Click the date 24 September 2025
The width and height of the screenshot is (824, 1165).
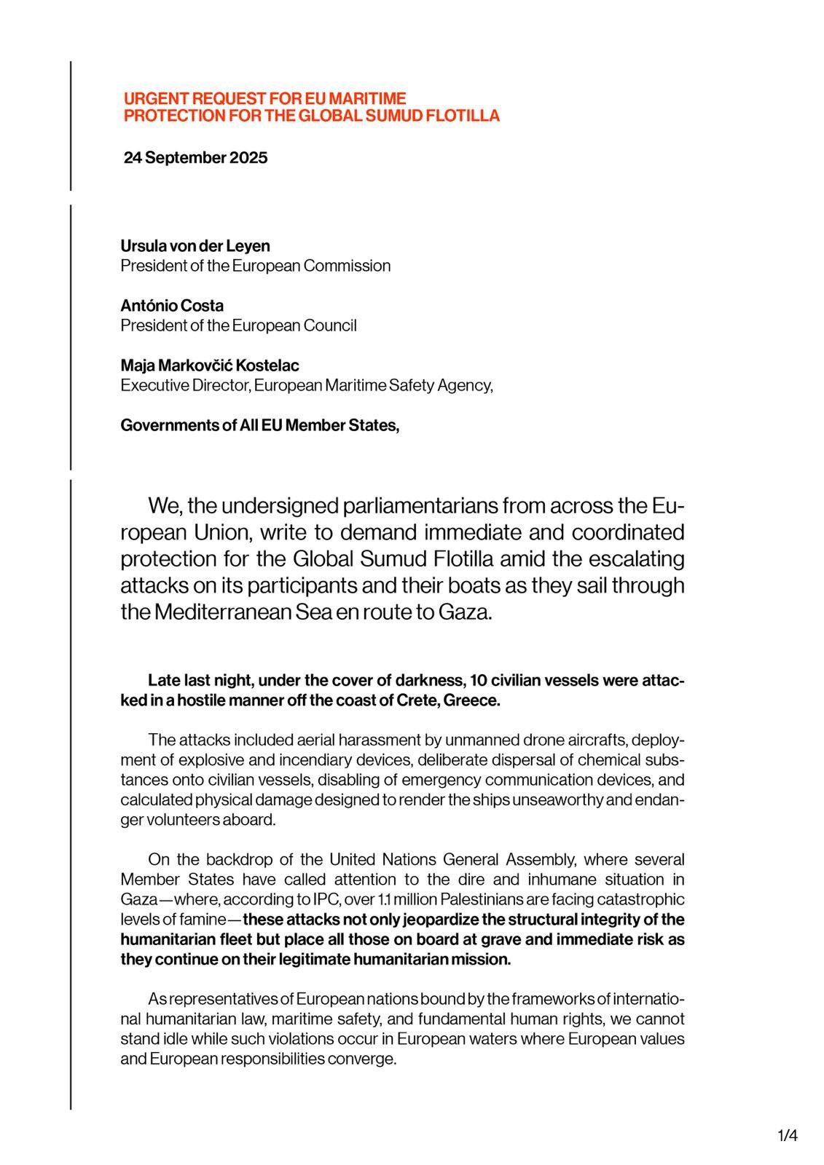195,158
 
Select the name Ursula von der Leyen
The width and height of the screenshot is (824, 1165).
195,246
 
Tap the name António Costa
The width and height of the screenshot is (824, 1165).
172,306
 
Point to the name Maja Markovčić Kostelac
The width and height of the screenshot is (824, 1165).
210,366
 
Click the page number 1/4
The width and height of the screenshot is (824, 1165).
788,1135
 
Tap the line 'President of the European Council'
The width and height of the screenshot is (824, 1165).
238,325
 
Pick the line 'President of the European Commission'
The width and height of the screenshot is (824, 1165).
255,266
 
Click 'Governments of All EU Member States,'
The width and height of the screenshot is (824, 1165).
259,425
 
